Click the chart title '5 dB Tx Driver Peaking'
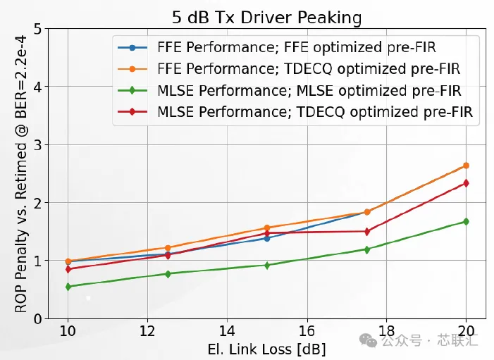click(x=266, y=17)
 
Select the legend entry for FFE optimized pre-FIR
click(x=277, y=48)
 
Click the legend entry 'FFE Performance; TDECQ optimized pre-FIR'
click(x=289, y=69)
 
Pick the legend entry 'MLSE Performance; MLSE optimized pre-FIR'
click(x=290, y=91)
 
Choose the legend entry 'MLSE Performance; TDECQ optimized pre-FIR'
click(x=295, y=112)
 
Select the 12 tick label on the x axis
click(x=147, y=331)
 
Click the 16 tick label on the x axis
click(x=307, y=331)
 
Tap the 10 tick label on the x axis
click(x=68, y=331)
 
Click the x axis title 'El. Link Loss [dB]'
click(x=266, y=349)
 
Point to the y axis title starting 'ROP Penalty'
click(x=21, y=174)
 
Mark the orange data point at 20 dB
click(x=466, y=166)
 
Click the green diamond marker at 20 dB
click(x=466, y=222)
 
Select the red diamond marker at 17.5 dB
click(x=367, y=232)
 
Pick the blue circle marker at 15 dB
click(x=267, y=238)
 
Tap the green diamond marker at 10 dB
click(x=68, y=287)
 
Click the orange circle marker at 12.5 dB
click(x=168, y=248)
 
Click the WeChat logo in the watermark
click(x=369, y=340)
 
